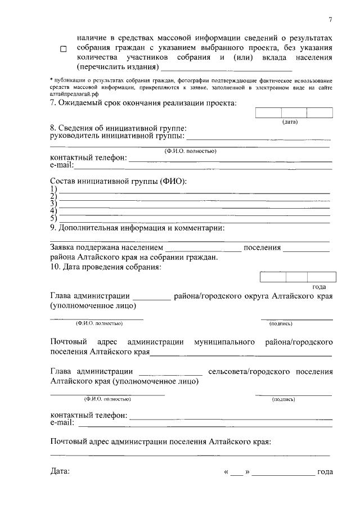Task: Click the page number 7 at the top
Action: [331, 20]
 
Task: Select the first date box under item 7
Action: [268, 112]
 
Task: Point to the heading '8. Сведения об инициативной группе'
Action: [118, 129]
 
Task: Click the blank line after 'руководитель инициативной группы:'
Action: [258, 137]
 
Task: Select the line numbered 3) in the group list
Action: [194, 204]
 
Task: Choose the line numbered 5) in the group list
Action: [194, 219]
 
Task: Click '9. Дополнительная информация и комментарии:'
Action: [137, 228]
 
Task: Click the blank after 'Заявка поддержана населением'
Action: [204, 248]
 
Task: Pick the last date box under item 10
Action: [322, 277]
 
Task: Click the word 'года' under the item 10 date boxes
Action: [319, 287]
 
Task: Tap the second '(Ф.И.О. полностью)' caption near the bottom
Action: [107, 399]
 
